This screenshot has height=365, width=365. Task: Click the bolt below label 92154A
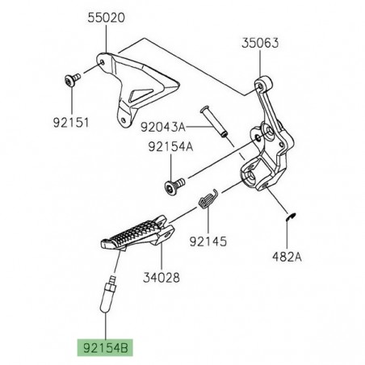(x=174, y=182)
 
